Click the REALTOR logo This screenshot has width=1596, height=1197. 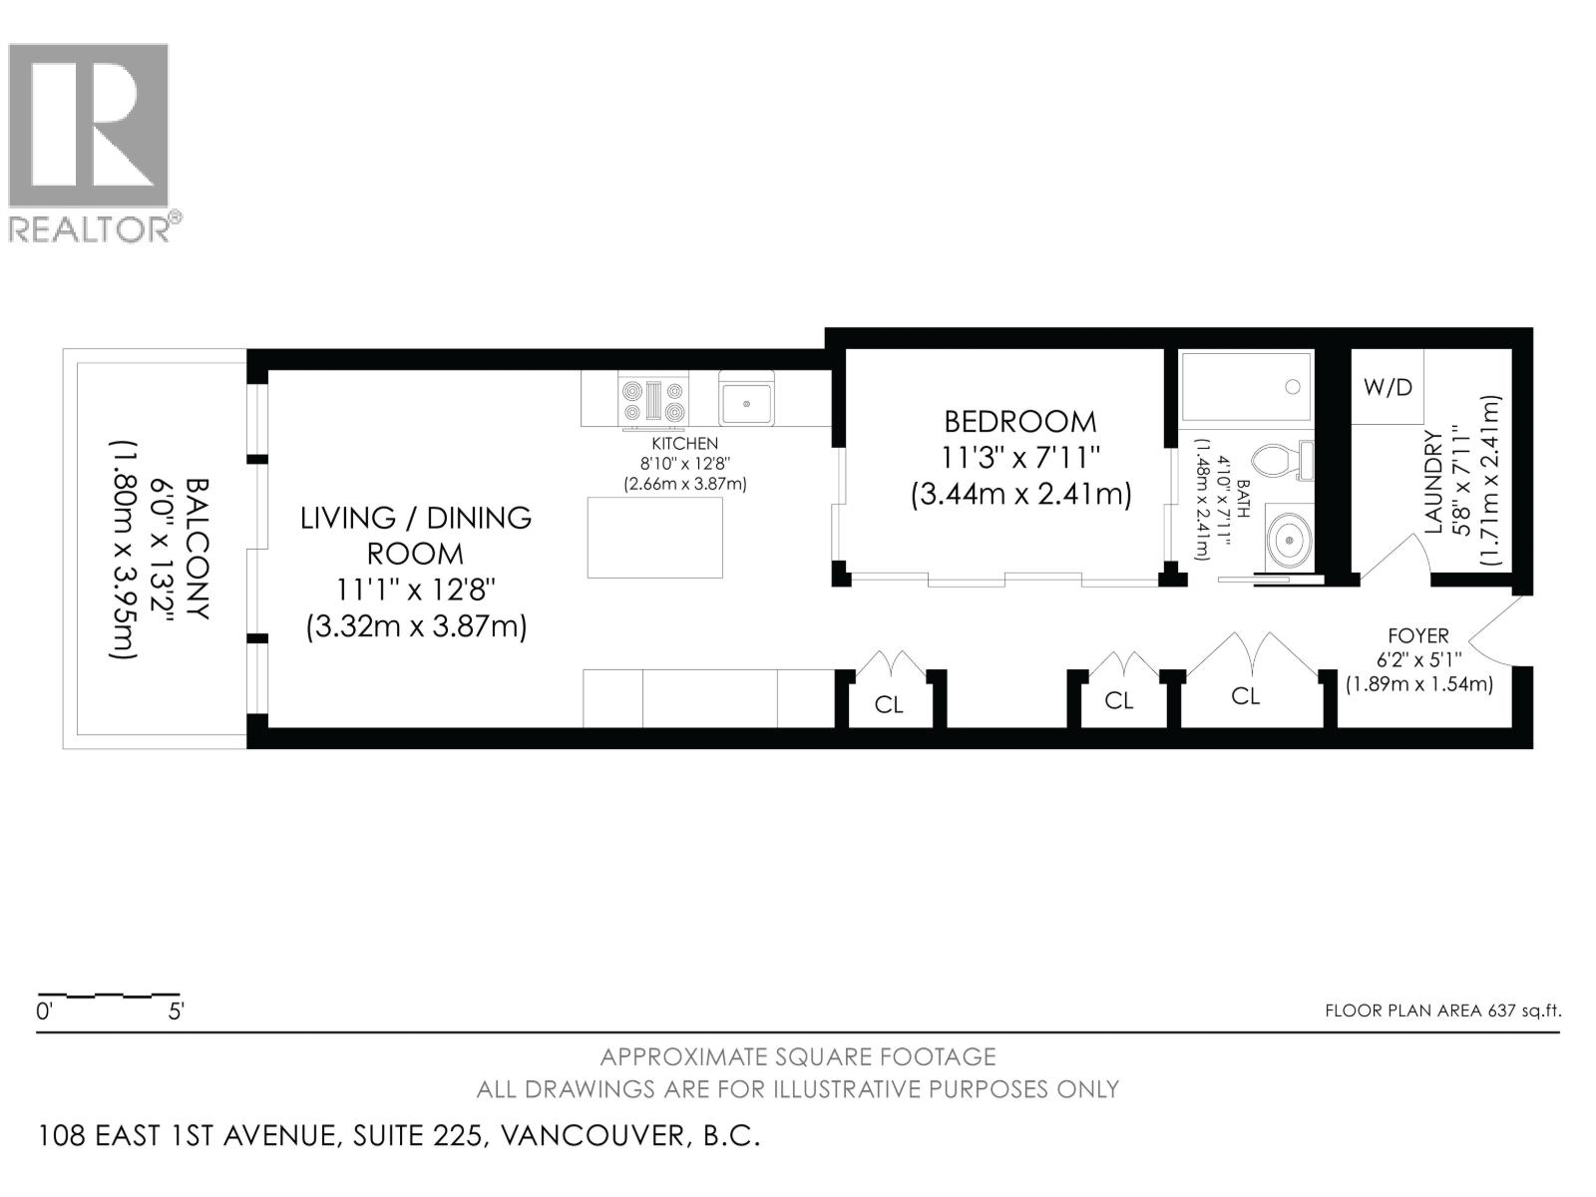(89, 140)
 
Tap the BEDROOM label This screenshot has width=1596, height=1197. (1020, 421)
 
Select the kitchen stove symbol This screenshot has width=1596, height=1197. (653, 400)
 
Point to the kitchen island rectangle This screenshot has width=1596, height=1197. (655, 538)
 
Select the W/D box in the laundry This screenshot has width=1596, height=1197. (1388, 387)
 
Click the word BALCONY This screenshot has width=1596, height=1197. (197, 549)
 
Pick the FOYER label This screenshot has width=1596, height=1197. (1417, 635)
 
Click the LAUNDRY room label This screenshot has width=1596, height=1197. (1433, 481)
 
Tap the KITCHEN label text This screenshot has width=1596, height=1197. (684, 444)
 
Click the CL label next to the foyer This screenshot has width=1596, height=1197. (1245, 696)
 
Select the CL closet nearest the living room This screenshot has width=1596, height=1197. (888, 705)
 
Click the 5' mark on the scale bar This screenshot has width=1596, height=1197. (176, 1011)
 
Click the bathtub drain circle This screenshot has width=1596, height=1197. (1293, 387)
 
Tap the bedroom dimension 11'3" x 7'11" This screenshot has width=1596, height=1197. (1020, 458)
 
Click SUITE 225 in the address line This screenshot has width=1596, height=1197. (420, 1135)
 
